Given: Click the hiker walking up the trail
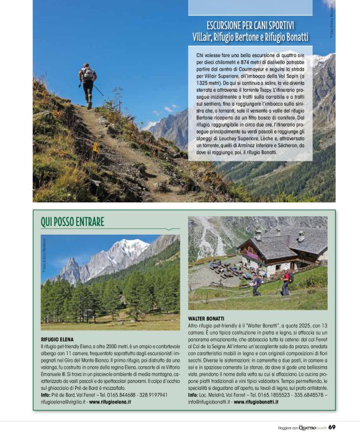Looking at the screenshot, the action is tap(88, 84).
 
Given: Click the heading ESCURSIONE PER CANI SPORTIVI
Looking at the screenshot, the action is tap(250, 25).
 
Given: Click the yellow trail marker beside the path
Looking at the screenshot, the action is tap(95, 148).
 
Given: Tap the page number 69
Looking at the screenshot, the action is tap(332, 426).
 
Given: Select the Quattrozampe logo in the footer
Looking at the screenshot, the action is tap(312, 427).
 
